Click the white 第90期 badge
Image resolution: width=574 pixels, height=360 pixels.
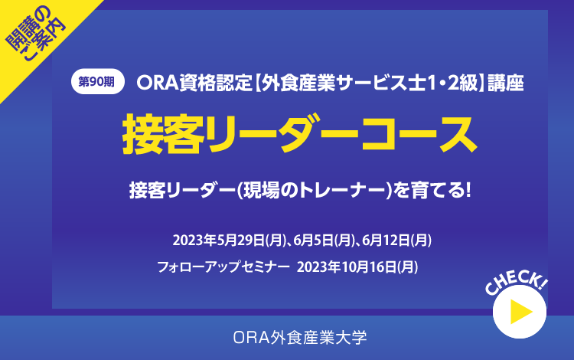click(x=98, y=81)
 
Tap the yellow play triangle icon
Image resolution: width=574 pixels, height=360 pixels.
click(x=521, y=312)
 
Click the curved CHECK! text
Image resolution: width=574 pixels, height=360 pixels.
click(x=517, y=282)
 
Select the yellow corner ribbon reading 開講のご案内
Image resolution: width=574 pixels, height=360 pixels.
click(x=34, y=33)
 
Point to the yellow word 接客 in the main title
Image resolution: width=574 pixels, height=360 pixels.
click(x=163, y=133)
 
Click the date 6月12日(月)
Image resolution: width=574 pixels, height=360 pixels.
click(x=396, y=241)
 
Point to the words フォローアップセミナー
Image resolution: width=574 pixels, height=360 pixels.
click(x=223, y=267)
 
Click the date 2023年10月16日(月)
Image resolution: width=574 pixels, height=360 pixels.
click(x=357, y=267)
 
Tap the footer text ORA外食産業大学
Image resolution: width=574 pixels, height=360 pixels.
click(x=300, y=337)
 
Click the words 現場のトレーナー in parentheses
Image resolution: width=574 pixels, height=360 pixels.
click(x=315, y=191)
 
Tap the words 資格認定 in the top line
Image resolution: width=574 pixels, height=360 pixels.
click(x=216, y=83)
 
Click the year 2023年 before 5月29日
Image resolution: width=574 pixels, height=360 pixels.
click(x=194, y=241)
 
